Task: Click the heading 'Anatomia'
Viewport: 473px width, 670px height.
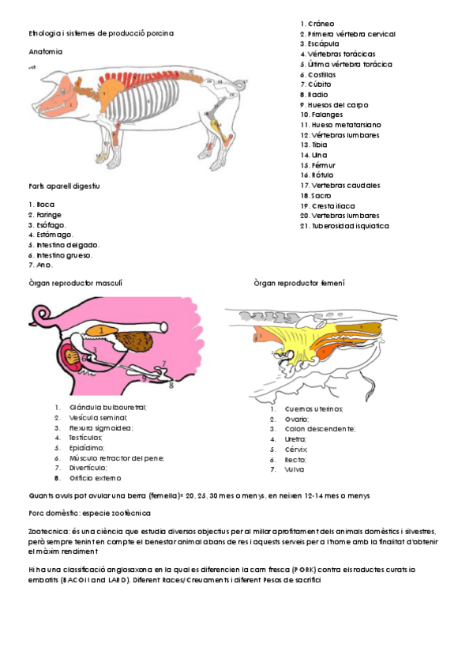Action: tap(45, 52)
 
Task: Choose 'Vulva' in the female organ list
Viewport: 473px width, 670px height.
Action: tap(294, 469)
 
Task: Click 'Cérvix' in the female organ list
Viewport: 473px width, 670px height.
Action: tap(295, 449)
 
